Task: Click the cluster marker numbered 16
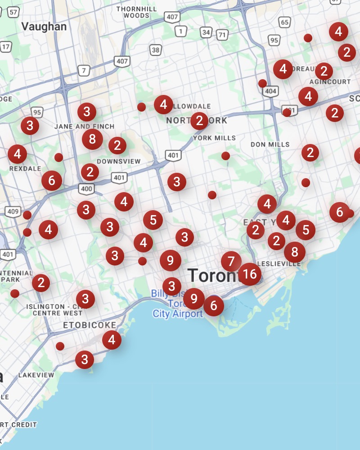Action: tap(250, 274)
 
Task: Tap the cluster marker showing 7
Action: tap(231, 261)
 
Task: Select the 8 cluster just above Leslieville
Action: tap(295, 252)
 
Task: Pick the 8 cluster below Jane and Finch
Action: tap(92, 139)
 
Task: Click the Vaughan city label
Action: tap(44, 27)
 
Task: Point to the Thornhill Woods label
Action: tap(136, 12)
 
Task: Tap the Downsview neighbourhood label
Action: tap(119, 161)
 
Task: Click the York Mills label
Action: tap(214, 138)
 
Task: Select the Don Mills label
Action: tap(270, 144)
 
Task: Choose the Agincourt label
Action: tap(330, 82)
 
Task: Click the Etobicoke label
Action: tap(90, 325)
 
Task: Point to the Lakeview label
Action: tap(36, 375)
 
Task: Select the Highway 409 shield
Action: tap(13, 211)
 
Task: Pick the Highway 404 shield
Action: tap(270, 92)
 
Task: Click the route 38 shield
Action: tap(156, 50)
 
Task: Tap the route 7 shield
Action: tap(83, 71)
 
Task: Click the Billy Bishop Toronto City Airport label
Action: tap(178, 304)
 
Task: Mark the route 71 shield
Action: tap(222, 35)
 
